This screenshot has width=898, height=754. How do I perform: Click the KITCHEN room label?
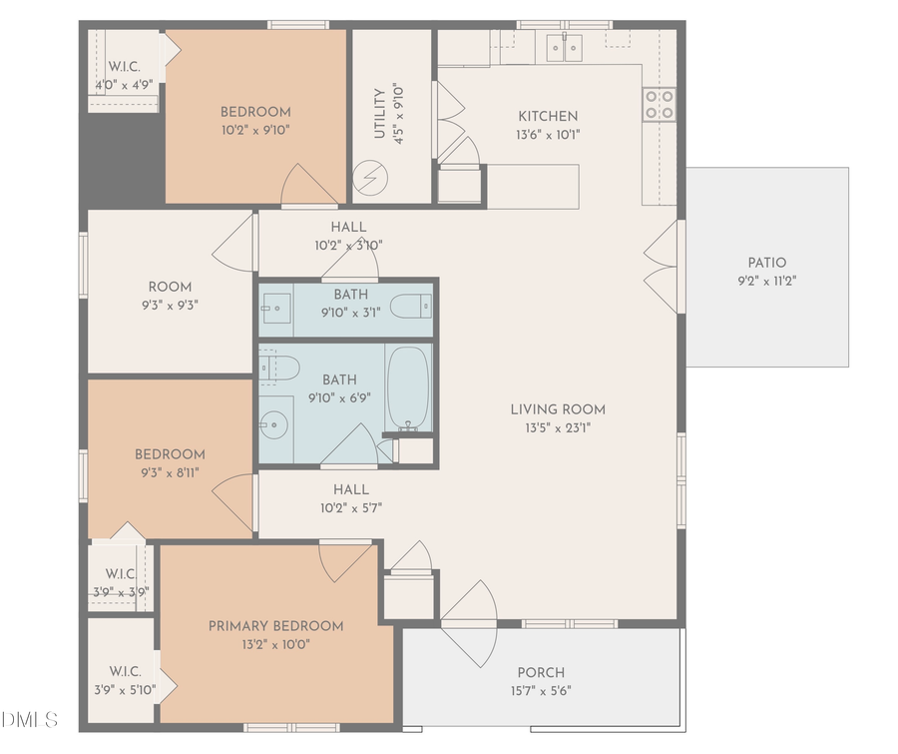pos(547,116)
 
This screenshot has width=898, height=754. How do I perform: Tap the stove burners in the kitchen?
pos(659,104)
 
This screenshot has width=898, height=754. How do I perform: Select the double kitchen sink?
pos(564,47)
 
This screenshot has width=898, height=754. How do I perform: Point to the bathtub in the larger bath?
pos(406,388)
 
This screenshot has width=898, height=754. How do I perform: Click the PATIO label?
pos(766,263)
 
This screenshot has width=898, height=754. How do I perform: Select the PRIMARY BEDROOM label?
pos(275,626)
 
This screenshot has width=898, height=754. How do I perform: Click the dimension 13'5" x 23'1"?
pos(558,427)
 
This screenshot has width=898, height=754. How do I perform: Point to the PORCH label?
pos(541,672)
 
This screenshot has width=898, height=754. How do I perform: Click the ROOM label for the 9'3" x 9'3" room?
pos(170,287)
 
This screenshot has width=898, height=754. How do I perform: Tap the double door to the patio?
pos(661,263)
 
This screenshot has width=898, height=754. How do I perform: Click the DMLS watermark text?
pos(30,719)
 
